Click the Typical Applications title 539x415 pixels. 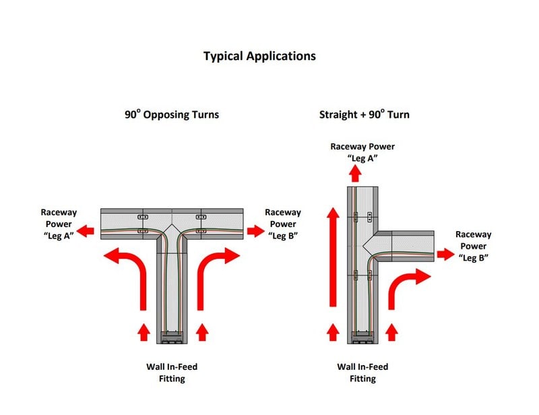tap(259, 56)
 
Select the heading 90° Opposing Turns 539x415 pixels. tap(172, 115)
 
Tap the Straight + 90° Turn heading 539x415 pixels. tap(364, 115)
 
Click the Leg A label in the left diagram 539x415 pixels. tap(59, 223)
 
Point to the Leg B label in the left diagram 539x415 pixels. tap(283, 223)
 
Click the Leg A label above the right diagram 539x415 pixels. tap(362, 152)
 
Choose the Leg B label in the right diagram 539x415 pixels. tap(474, 246)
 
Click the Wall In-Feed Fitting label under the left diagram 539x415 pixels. tap(172, 373)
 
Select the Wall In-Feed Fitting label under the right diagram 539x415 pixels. tap(362, 373)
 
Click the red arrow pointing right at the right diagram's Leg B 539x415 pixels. tap(445, 254)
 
